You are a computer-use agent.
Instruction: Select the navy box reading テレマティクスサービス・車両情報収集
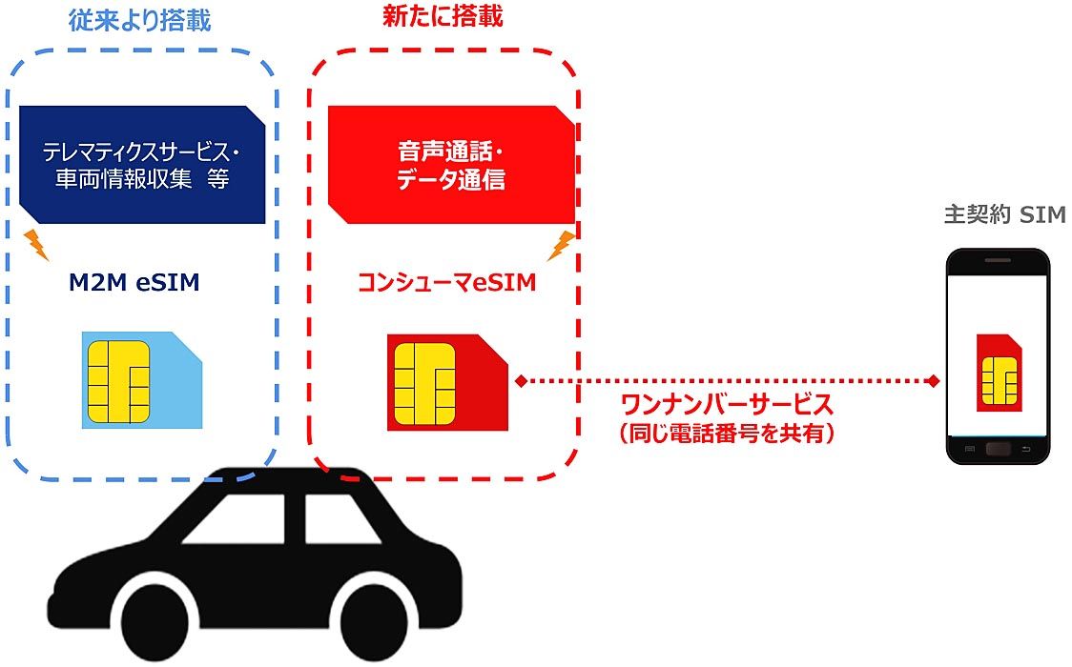tap(142, 164)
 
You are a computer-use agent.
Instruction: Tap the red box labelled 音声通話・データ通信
tap(451, 164)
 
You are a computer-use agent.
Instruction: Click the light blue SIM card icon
tap(142, 380)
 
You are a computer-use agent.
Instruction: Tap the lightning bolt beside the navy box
tap(36, 244)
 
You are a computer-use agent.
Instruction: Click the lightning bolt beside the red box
tap(562, 245)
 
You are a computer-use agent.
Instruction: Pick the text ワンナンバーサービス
tap(726, 405)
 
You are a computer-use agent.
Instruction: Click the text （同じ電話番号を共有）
tap(727, 434)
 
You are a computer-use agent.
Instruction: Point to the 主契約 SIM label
tap(1003, 215)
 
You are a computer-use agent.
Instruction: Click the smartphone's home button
tap(999, 448)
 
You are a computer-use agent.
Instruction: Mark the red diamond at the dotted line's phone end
tap(932, 381)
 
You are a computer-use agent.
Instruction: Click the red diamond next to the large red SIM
tap(521, 381)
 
